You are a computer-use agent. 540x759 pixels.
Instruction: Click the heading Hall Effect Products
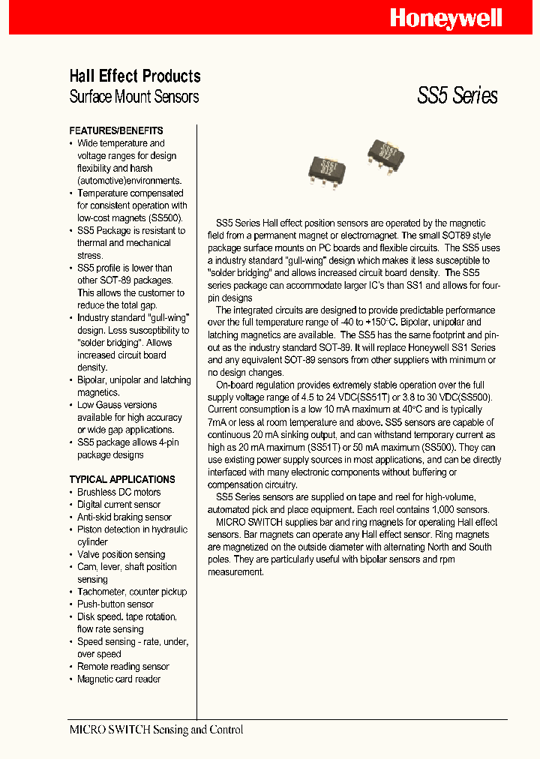135,76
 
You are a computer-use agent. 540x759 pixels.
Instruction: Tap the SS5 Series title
457,96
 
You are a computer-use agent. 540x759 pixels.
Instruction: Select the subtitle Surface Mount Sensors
134,97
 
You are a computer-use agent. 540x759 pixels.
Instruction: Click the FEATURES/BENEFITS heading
116,130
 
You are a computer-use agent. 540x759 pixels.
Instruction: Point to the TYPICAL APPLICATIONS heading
122,479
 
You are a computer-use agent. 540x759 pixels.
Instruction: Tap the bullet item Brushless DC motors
118,492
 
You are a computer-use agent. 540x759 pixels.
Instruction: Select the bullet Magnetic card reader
118,679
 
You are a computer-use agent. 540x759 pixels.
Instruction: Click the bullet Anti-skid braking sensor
124,517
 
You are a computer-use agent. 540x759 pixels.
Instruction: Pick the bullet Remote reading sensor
123,666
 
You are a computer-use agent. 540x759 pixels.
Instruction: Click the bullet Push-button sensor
115,604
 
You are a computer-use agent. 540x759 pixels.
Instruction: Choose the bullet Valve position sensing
121,554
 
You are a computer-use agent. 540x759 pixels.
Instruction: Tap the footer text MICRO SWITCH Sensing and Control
156,730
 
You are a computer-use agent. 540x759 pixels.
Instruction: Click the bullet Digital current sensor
118,505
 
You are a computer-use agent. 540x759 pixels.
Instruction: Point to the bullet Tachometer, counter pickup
132,592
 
